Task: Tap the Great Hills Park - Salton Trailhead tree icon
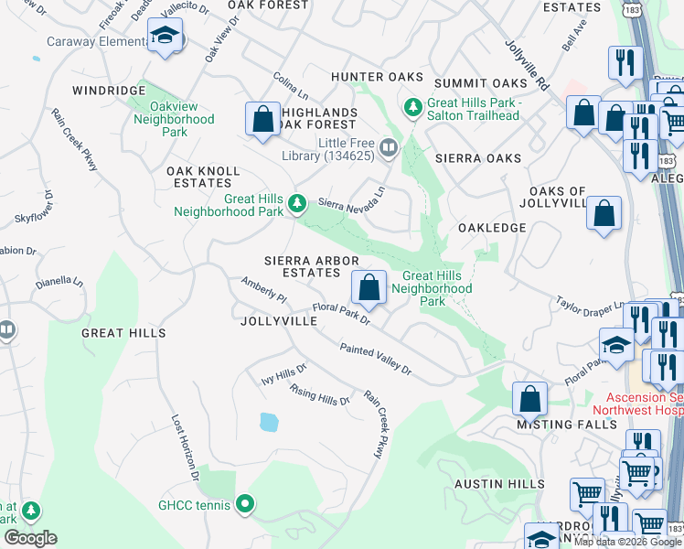pos(413,109)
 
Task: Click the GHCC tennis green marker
pos(244,503)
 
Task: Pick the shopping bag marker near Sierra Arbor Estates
pos(369,287)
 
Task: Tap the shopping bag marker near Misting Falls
pos(529,398)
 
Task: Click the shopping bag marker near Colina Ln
pos(262,119)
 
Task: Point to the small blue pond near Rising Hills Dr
pos(268,422)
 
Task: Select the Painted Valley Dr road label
pos(376,360)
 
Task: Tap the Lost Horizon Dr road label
pos(185,447)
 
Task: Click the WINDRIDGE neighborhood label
pos(110,91)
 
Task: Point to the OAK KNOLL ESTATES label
pos(203,177)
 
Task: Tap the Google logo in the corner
pos(30,538)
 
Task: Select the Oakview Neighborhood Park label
pos(174,119)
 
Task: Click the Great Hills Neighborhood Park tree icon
pos(296,203)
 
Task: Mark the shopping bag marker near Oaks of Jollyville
pos(604,215)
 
